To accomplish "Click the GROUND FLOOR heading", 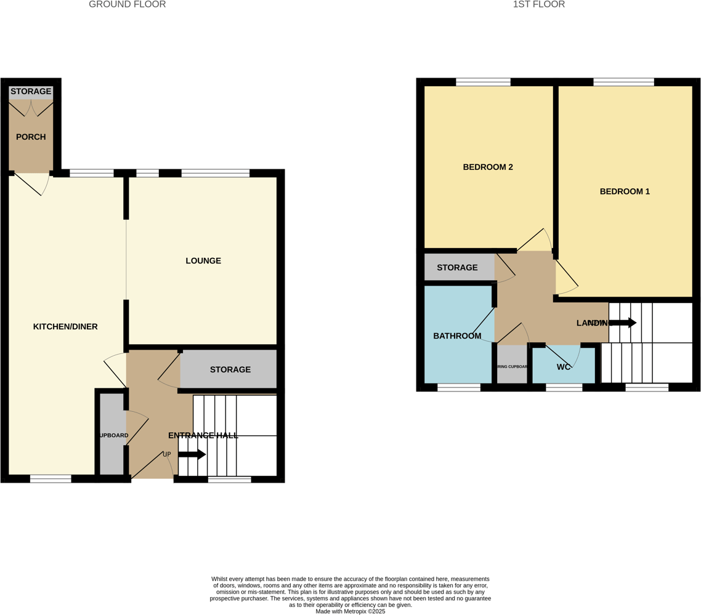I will tap(127, 5).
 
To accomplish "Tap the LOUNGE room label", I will tap(203, 261).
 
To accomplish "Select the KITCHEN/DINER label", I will tap(65, 327).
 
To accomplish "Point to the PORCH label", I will tap(31, 137).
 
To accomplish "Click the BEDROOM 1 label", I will tap(625, 191).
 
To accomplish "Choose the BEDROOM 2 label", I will tap(488, 167).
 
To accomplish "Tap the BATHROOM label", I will tap(457, 336).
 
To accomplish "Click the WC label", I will tap(564, 367).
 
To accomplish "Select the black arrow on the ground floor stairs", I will tap(192, 454).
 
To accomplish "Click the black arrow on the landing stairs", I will tap(623, 323).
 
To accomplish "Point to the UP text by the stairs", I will tap(166, 454).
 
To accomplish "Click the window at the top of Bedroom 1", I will tap(623, 82).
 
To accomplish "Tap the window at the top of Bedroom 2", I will tap(483, 82).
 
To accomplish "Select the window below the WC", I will tap(564, 387).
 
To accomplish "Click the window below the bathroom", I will tap(458, 387).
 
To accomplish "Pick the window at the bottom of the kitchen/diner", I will tap(51, 478).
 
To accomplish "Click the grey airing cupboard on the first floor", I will tap(513, 364).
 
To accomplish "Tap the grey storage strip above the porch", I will tap(31, 92).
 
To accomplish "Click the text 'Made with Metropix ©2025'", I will tap(350, 611).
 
